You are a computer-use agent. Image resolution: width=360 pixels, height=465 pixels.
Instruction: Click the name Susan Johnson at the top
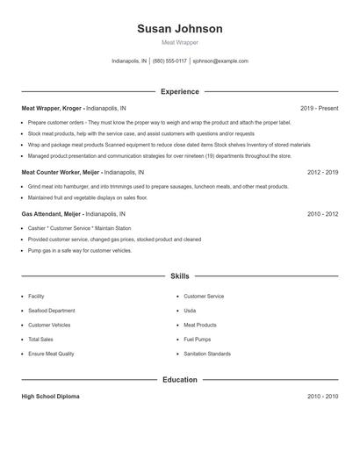pyautogui.click(x=180, y=29)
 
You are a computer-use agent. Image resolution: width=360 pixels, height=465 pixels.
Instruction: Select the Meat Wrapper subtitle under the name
pyautogui.click(x=180, y=42)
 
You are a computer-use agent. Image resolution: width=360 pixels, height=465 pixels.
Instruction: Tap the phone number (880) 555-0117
pyautogui.click(x=169, y=61)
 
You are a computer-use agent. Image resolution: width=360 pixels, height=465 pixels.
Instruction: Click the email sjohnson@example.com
pyautogui.click(x=220, y=61)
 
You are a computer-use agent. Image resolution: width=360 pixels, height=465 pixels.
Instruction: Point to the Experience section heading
pyautogui.click(x=180, y=91)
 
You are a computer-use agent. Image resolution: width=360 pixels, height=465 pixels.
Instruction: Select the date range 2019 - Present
pyautogui.click(x=319, y=109)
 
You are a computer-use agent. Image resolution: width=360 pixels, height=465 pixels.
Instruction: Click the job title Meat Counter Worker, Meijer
pyautogui.click(x=62, y=173)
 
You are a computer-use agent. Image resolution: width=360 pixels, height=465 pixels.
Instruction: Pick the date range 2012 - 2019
pyautogui.click(x=322, y=173)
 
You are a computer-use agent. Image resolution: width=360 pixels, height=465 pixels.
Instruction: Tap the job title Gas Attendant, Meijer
pyautogui.click(x=52, y=213)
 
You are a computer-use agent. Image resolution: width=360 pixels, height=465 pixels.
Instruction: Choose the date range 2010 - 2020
pyautogui.click(x=322, y=213)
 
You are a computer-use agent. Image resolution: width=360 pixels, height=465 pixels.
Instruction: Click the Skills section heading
pyautogui.click(x=180, y=276)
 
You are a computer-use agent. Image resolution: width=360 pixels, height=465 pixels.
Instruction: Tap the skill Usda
pyautogui.click(x=190, y=311)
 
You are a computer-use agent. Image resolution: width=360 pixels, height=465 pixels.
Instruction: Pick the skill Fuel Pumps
pyautogui.click(x=197, y=339)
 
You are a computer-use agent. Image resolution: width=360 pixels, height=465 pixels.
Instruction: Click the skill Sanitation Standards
pyautogui.click(x=207, y=353)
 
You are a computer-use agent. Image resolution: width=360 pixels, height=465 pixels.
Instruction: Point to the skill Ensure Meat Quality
pyautogui.click(x=52, y=353)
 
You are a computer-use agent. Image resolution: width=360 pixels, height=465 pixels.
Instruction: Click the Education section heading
pyautogui.click(x=180, y=380)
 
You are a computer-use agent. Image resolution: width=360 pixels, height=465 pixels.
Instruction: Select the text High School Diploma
pyautogui.click(x=50, y=397)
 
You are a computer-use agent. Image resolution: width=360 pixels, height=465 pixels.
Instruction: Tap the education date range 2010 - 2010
pyautogui.click(x=322, y=397)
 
